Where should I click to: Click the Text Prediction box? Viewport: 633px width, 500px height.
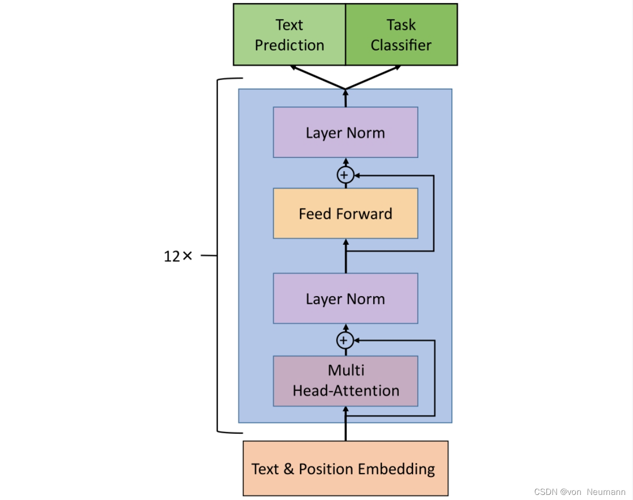[x=289, y=35]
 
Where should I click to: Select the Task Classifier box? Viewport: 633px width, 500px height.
[x=401, y=35]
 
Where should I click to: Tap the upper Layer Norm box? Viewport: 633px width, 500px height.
[x=345, y=133]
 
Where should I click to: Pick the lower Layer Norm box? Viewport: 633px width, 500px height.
[x=345, y=299]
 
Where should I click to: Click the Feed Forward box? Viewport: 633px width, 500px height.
[x=345, y=214]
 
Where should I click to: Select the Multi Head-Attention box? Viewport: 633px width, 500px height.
[x=345, y=381]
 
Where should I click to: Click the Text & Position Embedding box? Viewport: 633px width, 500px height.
[x=345, y=468]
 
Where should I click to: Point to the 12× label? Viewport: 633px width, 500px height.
[x=178, y=256]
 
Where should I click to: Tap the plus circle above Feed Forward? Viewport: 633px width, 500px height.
[x=345, y=175]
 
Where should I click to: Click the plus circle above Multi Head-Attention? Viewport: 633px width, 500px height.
[x=345, y=340]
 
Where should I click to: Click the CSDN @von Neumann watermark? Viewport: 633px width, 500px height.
[x=580, y=492]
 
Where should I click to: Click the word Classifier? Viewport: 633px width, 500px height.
[x=401, y=45]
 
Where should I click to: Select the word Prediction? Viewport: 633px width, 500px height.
[x=289, y=45]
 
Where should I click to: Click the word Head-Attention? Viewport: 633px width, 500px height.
[x=346, y=391]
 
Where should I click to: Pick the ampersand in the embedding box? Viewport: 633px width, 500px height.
[x=289, y=468]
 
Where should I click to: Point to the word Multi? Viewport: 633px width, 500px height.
[x=346, y=370]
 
